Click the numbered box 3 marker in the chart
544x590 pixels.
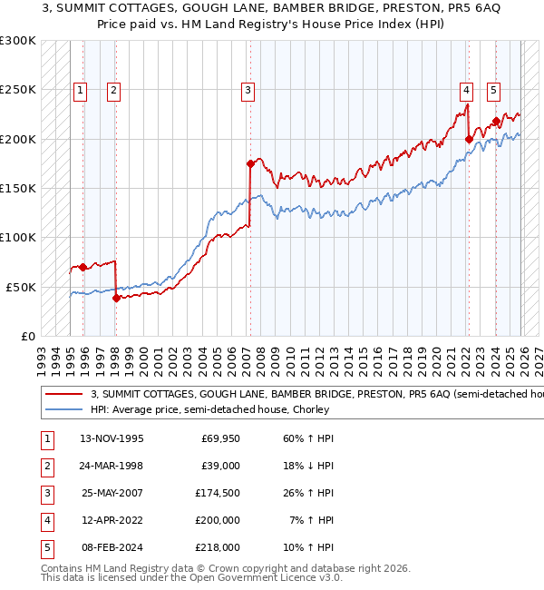[x=248, y=90]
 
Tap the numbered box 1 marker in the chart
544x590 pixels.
[x=82, y=90]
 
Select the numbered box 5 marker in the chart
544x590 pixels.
[x=494, y=90]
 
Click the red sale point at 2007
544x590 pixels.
[x=249, y=164]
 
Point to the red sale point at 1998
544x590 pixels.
[x=116, y=298]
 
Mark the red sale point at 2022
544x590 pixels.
[x=469, y=139]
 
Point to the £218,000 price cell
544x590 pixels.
[x=219, y=547]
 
